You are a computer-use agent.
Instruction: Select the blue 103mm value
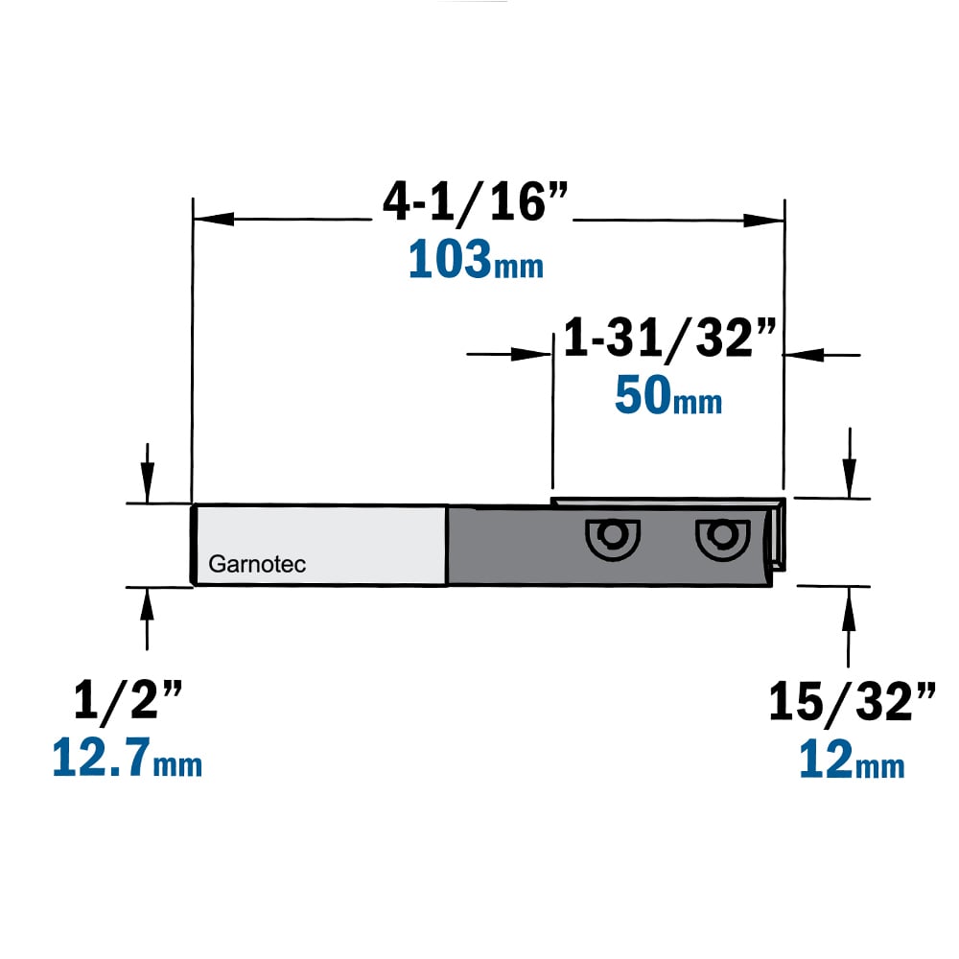476,260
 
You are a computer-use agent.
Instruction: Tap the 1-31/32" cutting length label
669,338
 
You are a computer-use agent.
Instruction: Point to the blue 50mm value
667,396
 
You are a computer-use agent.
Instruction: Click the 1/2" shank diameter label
128,701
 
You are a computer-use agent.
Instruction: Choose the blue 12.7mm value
128,758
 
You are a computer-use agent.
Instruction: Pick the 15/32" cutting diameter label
852,702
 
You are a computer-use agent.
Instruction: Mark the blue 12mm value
852,759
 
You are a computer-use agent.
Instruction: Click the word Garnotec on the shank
257,564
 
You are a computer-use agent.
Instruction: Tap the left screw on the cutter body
612,538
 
